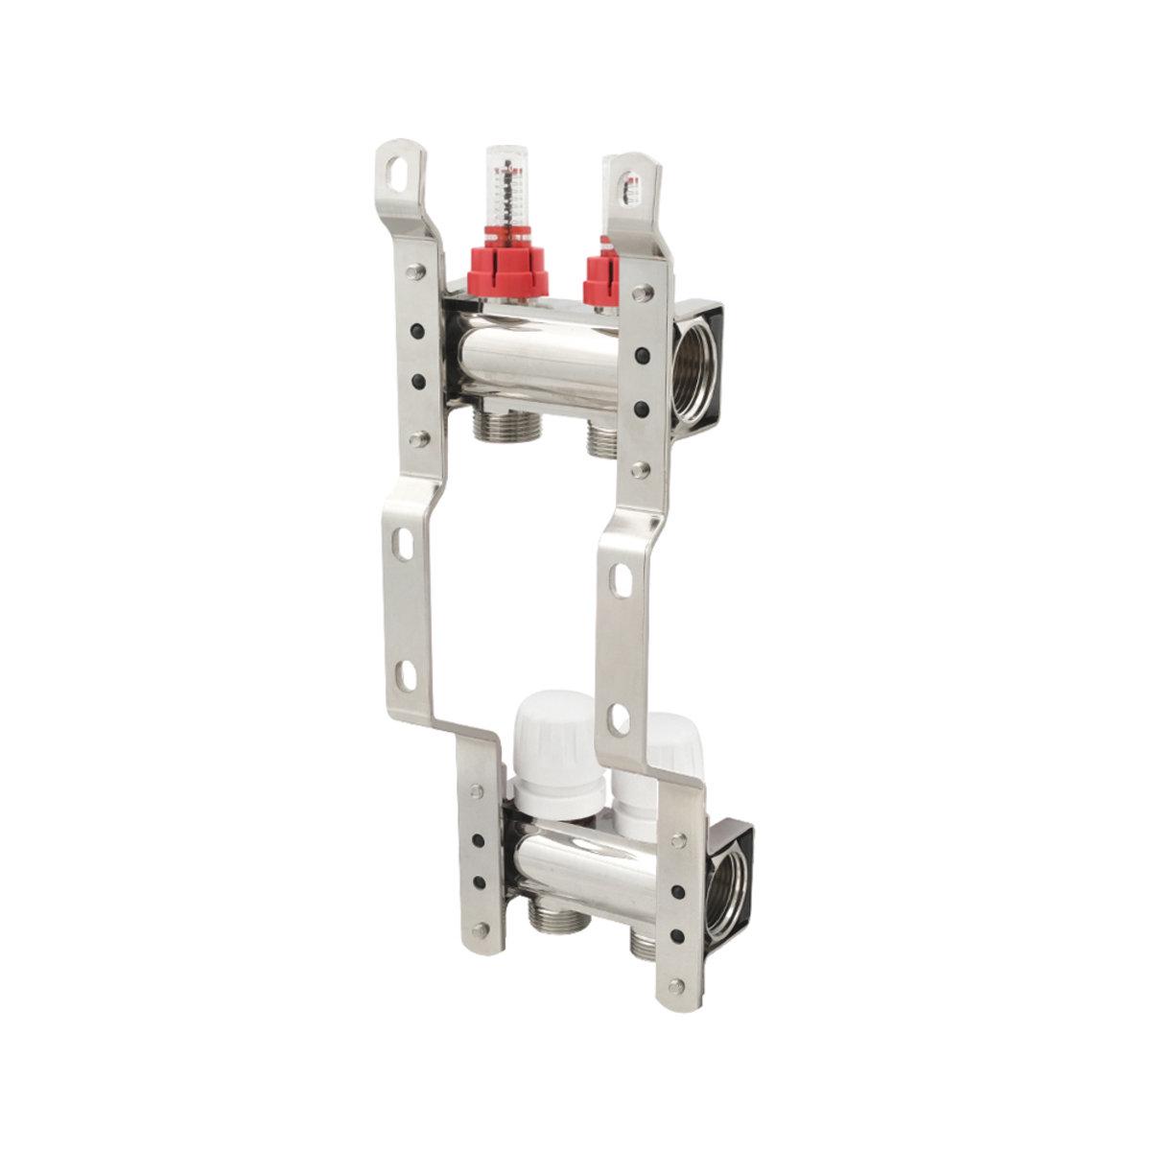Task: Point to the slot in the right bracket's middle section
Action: tap(622, 578)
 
